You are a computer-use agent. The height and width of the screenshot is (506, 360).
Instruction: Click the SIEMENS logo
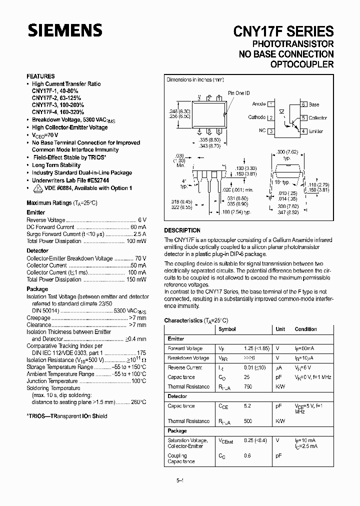pyautogui.click(x=64, y=31)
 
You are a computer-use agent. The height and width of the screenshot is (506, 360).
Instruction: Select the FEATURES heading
pyautogui.click(x=40, y=76)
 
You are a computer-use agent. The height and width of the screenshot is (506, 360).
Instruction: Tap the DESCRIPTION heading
pyautogui.click(x=182, y=230)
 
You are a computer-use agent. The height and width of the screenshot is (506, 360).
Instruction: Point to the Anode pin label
pyautogui.click(x=259, y=104)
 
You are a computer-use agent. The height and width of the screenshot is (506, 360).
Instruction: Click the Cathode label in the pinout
pyautogui.click(x=257, y=117)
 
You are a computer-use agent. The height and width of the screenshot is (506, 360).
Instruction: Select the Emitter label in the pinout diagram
pyautogui.click(x=316, y=131)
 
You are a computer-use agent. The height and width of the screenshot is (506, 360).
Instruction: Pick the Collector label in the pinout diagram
pyautogui.click(x=318, y=117)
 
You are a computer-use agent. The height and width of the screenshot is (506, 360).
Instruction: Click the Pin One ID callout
pyautogui.click(x=238, y=93)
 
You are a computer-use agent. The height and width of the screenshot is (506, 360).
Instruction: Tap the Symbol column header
pyautogui.click(x=227, y=329)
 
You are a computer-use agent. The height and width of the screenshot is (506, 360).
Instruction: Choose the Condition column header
pyautogui.click(x=306, y=329)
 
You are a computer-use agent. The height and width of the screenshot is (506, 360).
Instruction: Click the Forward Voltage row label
pyautogui.click(x=185, y=348)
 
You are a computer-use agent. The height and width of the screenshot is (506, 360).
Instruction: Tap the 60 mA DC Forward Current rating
pyautogui.click(x=138, y=227)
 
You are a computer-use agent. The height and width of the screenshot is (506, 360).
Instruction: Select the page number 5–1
pyautogui.click(x=179, y=480)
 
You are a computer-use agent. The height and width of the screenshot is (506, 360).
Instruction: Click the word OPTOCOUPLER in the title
pyautogui.click(x=301, y=64)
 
